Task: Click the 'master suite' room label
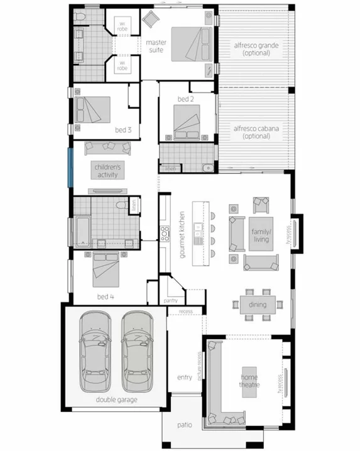(156, 46)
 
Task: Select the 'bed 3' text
(123, 130)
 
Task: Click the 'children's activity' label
(107, 171)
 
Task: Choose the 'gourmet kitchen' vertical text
(182, 234)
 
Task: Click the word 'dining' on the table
(257, 305)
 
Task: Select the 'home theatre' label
(249, 380)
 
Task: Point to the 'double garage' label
(117, 399)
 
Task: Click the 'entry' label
(185, 377)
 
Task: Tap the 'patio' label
(184, 425)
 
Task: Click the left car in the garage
(95, 352)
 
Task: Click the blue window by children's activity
(71, 166)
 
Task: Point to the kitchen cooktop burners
(165, 234)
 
